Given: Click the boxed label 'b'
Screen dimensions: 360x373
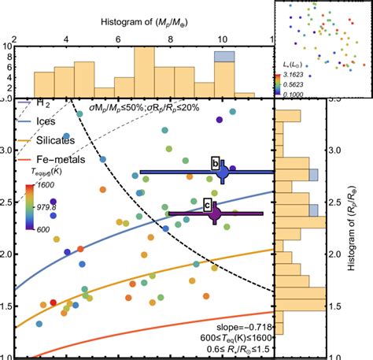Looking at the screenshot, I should point(215,163).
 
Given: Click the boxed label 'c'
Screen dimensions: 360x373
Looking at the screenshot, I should point(207,205).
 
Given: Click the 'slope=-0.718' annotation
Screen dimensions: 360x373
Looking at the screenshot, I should point(242,325).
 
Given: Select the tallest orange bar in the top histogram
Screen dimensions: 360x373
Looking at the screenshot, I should point(144,71).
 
